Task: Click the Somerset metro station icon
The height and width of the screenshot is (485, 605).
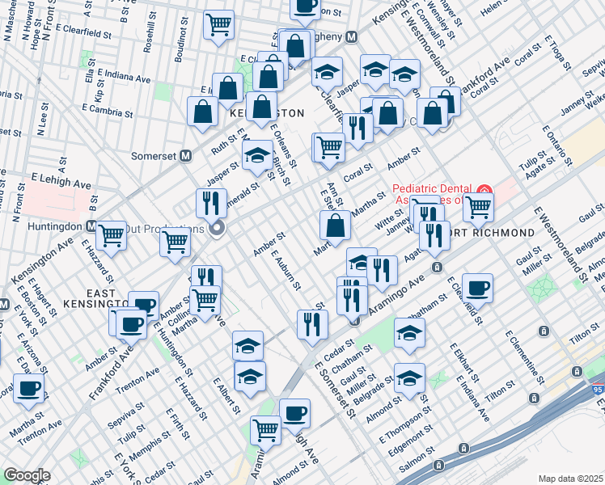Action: pyautogui.click(x=185, y=155)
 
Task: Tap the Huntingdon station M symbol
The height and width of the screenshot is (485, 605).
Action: pyautogui.click(x=91, y=227)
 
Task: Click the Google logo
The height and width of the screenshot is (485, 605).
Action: pyautogui.click(x=27, y=475)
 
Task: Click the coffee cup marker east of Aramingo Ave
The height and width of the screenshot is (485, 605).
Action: pyautogui.click(x=478, y=288)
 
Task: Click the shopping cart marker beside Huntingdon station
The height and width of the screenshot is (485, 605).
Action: pyautogui.click(x=111, y=235)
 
